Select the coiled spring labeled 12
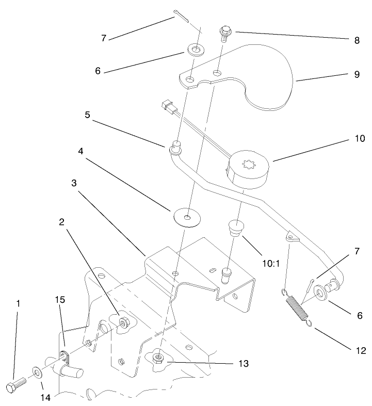click(x=297, y=307)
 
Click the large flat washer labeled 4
click(x=187, y=218)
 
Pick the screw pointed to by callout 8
click(x=225, y=33)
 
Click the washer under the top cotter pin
click(x=196, y=49)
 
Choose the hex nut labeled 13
click(x=157, y=359)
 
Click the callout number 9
click(x=357, y=74)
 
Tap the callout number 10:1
click(x=271, y=264)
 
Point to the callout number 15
click(x=60, y=300)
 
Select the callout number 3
click(x=74, y=183)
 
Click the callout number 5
click(x=88, y=115)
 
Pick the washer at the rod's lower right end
click(x=320, y=293)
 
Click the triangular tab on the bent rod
click(x=292, y=236)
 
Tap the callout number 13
click(x=243, y=364)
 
